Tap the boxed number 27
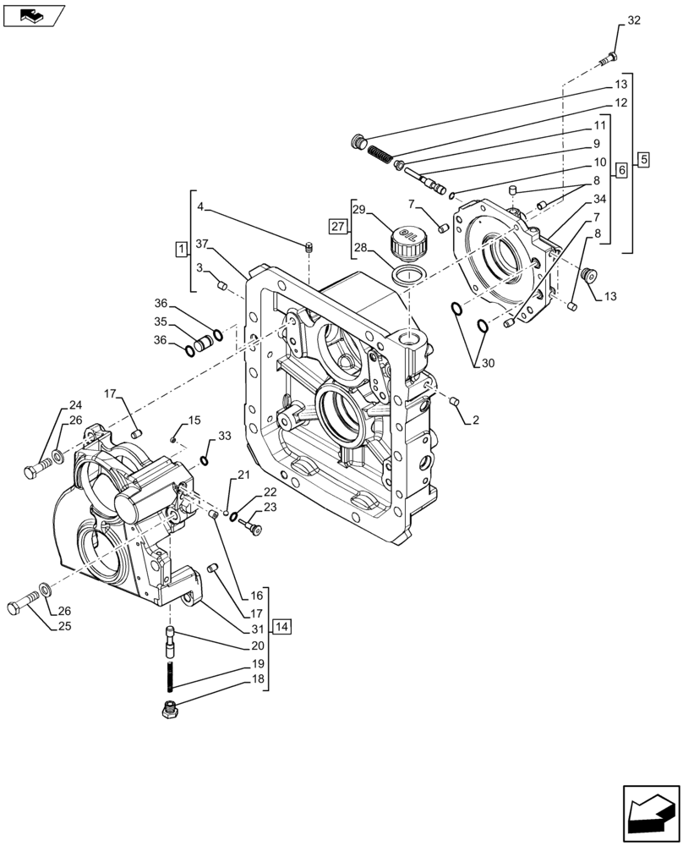(x=338, y=226)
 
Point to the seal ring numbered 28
(x=408, y=274)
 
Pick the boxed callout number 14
(x=282, y=627)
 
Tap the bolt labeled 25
(x=24, y=608)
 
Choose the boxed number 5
(x=643, y=159)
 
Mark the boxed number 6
(x=621, y=170)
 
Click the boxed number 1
(x=181, y=248)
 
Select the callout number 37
(x=202, y=244)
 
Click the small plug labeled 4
(x=309, y=247)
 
